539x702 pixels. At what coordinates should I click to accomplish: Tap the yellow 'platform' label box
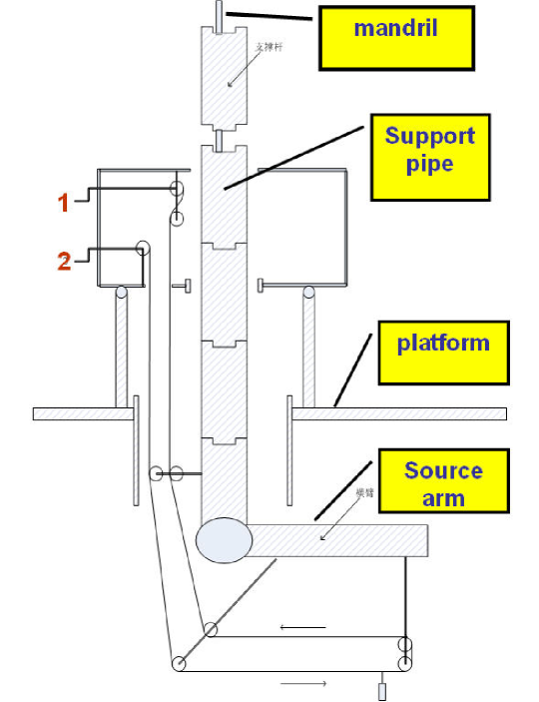[x=443, y=352]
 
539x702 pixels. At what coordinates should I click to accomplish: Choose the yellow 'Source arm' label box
[x=443, y=483]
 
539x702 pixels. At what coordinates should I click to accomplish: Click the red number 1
[x=63, y=203]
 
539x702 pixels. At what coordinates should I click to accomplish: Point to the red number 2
[x=63, y=263]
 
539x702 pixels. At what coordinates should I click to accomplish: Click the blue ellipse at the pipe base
[x=223, y=540]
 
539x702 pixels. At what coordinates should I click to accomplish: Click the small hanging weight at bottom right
[x=381, y=689]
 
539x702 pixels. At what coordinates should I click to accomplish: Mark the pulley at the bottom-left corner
[x=178, y=664]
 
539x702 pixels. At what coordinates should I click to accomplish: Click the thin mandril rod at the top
[x=219, y=14]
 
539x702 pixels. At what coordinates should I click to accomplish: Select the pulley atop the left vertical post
[x=121, y=293]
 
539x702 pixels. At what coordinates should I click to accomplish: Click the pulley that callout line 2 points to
[x=144, y=249]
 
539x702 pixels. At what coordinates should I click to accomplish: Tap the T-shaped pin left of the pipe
[x=184, y=287]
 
